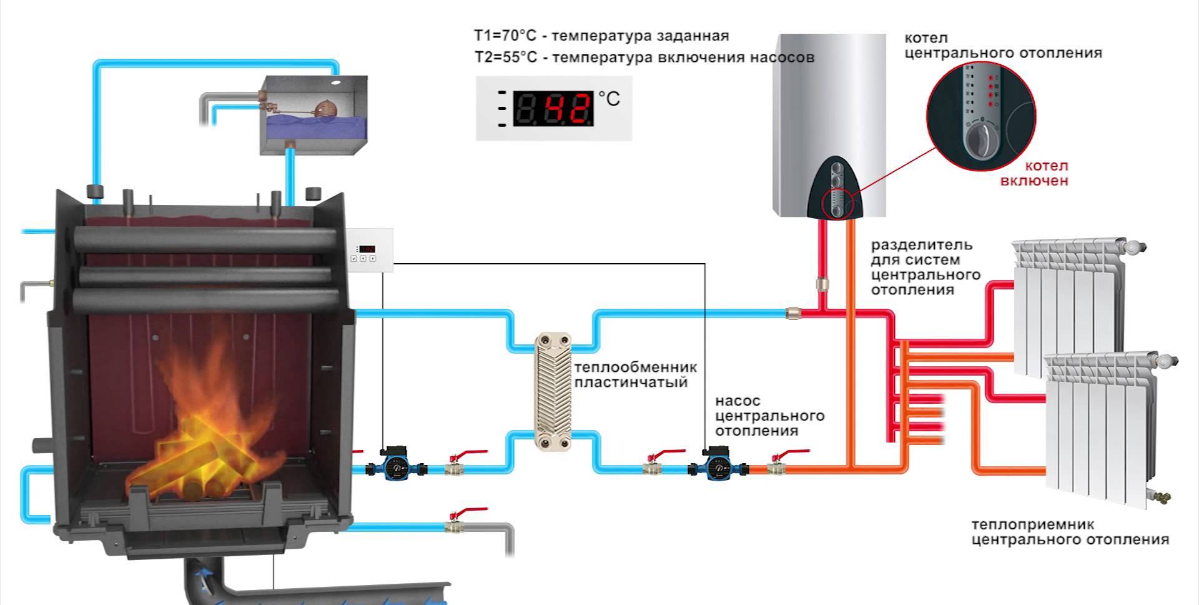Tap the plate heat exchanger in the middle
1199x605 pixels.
coord(553,392)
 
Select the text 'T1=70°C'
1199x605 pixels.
coord(505,36)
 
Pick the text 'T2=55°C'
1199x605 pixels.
coord(505,57)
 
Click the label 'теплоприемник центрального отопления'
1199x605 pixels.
coord(1069,532)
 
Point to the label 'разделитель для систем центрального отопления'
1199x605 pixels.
coord(924,267)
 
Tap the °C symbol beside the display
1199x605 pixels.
coord(609,99)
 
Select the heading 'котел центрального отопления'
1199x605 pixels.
coord(1002,46)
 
